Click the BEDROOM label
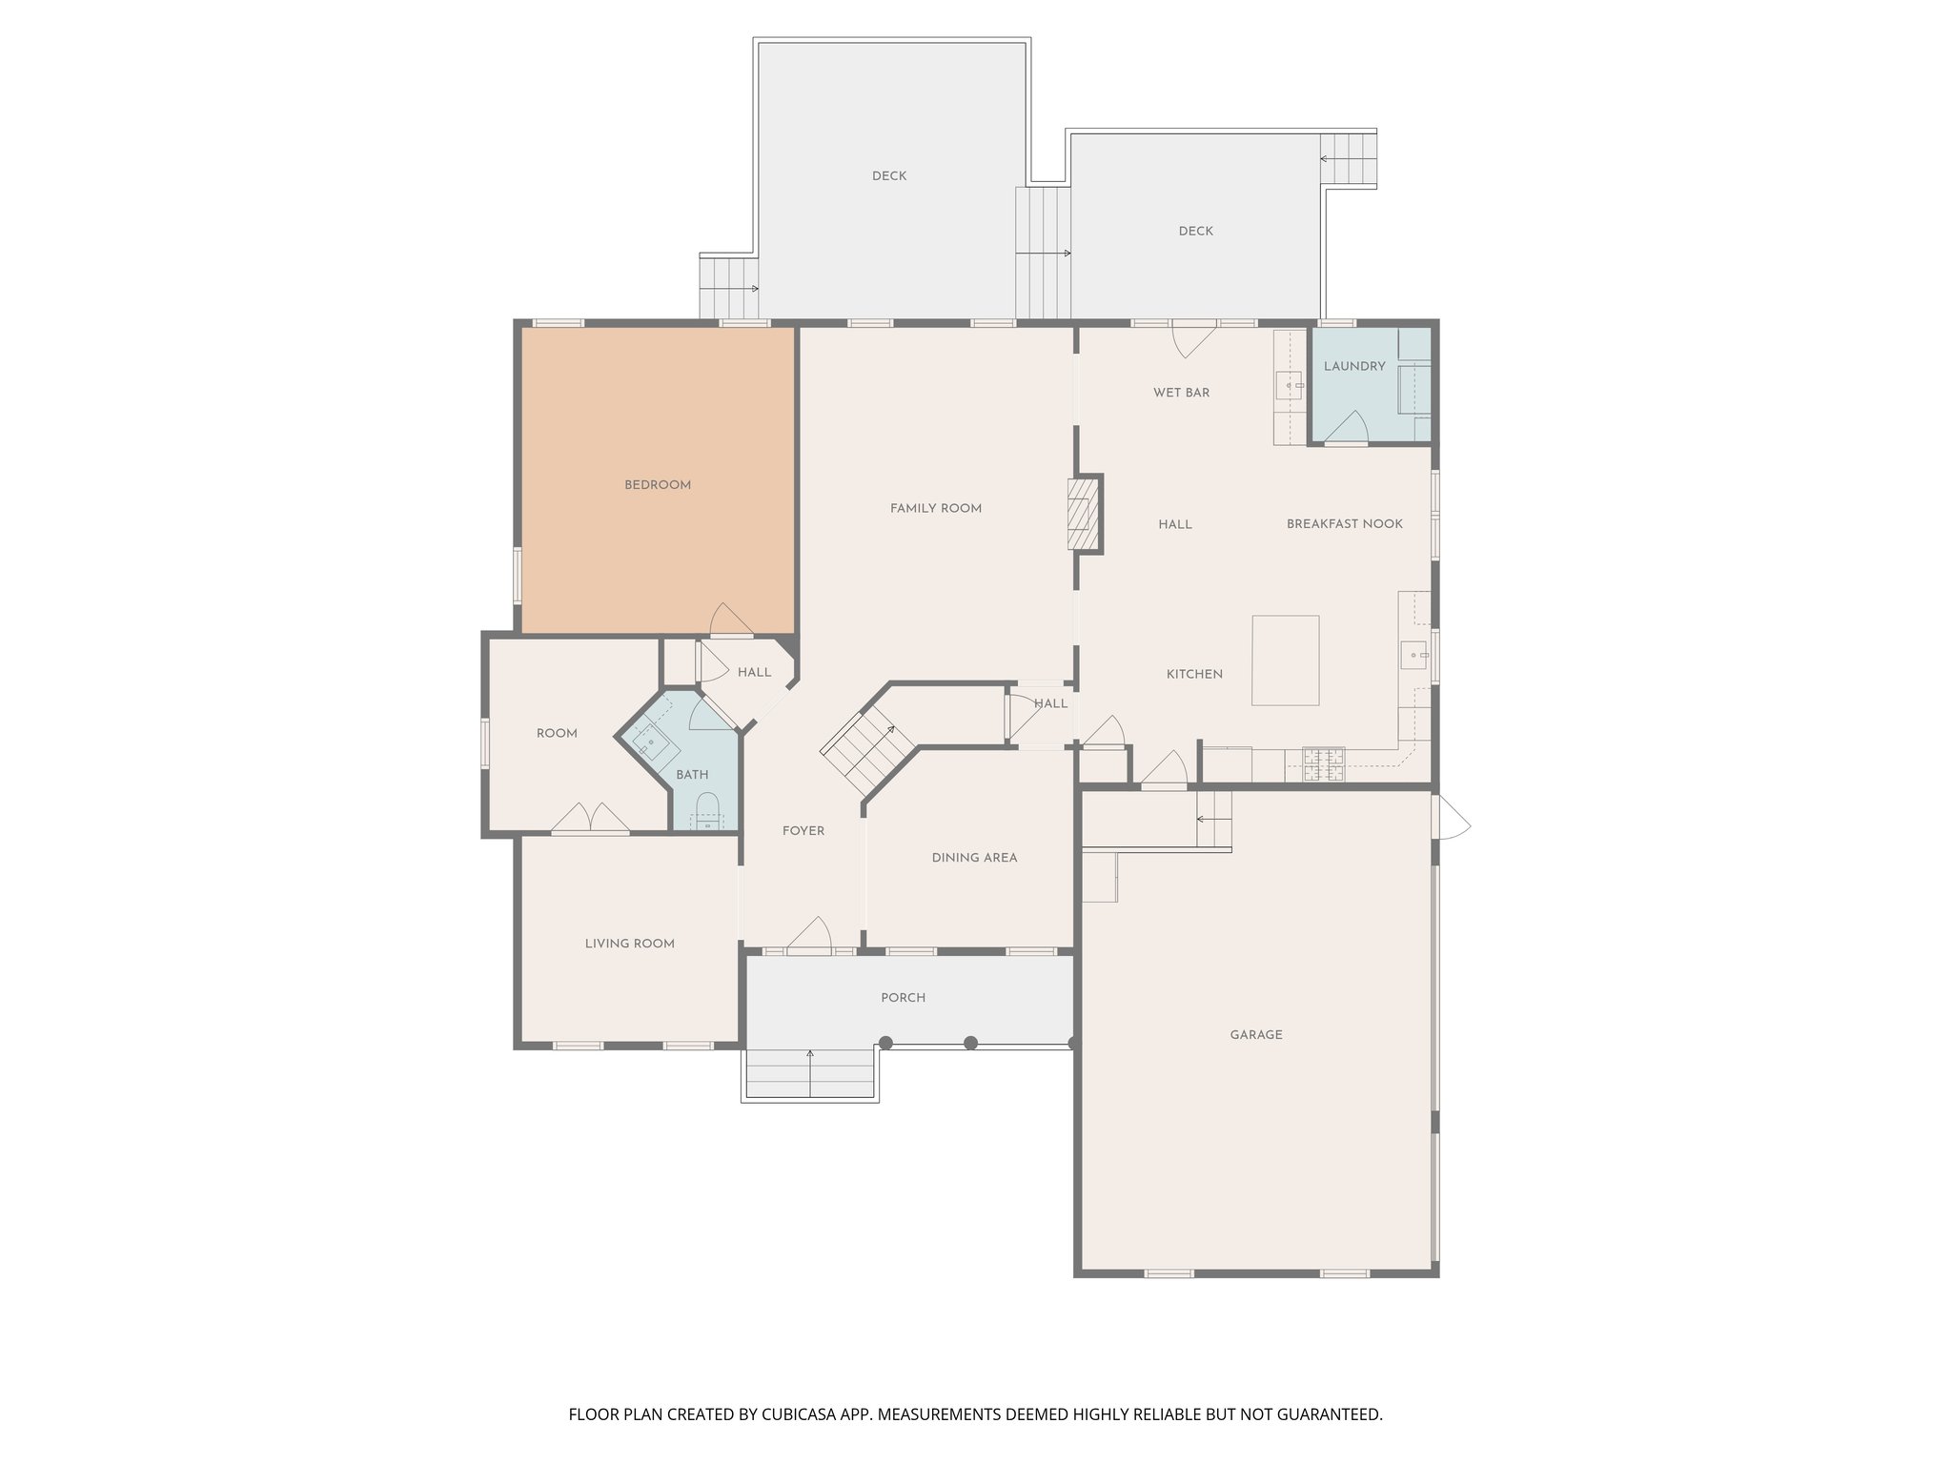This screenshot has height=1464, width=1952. tap(657, 485)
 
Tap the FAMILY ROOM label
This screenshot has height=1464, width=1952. tap(935, 508)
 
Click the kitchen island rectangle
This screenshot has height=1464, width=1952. tap(1285, 660)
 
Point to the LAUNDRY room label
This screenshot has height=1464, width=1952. tap(1353, 366)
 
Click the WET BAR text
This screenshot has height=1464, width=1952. tap(1181, 393)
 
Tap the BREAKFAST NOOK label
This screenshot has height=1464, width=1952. tap(1344, 523)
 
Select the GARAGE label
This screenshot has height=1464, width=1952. tap(1255, 1034)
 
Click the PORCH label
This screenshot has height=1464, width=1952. tap(903, 998)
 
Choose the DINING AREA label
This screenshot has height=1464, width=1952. tap(974, 858)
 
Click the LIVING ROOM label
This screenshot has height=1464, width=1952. tap(629, 944)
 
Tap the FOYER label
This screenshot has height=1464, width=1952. tap(803, 831)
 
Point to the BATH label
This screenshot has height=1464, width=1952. tap(692, 775)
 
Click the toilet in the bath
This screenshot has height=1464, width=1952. tap(706, 811)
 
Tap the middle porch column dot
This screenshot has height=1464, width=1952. tap(970, 1043)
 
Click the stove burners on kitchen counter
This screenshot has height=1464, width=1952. tap(1322, 762)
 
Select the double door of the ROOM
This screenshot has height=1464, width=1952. tap(590, 819)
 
